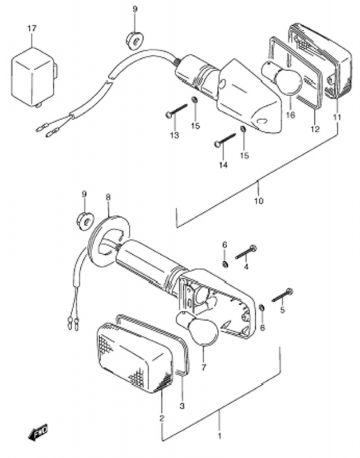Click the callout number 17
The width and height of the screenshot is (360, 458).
point(32,29)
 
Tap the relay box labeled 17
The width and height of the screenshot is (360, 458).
point(34,77)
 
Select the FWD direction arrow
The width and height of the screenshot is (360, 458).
point(38,431)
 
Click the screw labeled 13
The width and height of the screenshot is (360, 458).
point(176,110)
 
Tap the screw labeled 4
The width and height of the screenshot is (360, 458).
point(246,252)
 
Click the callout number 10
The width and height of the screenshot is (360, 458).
point(259,201)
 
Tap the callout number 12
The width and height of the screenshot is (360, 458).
point(315,129)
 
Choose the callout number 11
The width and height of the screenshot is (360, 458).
point(337,117)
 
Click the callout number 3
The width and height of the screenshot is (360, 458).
point(182,406)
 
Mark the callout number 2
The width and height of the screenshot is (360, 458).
point(162,418)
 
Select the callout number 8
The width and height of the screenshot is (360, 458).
point(108,198)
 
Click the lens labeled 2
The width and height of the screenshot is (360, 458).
point(134,358)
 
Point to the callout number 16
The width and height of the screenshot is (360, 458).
point(291,115)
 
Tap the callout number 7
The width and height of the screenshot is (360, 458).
point(204,367)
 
